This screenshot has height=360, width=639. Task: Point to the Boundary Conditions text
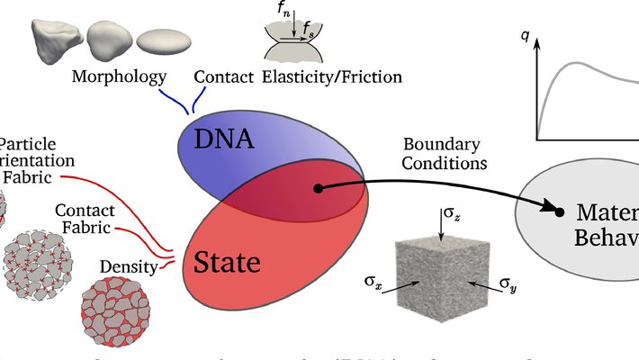[445, 153]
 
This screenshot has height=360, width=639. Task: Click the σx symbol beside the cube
[373, 284]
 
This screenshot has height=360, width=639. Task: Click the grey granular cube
[440, 278]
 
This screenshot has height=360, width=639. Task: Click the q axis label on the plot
[525, 37]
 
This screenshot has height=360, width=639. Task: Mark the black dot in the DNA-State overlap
[317, 189]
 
